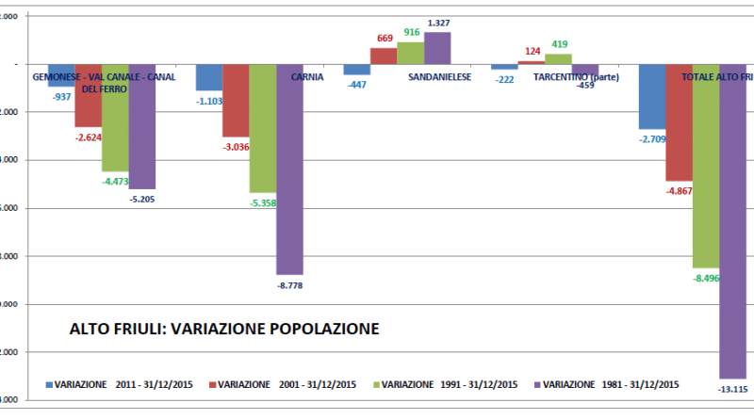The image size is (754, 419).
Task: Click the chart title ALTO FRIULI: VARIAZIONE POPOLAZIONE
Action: pos(224,330)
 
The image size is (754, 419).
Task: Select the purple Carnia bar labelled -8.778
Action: pos(289,169)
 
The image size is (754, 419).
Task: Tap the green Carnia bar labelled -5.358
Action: pos(262,128)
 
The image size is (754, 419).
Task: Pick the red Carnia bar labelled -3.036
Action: pos(236,101)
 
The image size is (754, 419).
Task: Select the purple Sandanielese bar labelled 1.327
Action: pos(437,48)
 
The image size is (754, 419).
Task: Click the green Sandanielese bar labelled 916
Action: pos(411,54)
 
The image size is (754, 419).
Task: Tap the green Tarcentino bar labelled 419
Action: pos(558,58)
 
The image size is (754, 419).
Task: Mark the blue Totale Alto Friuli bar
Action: pos(651,96)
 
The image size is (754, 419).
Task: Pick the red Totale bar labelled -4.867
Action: pos(679,122)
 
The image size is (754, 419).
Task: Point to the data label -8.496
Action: pos(707,278)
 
